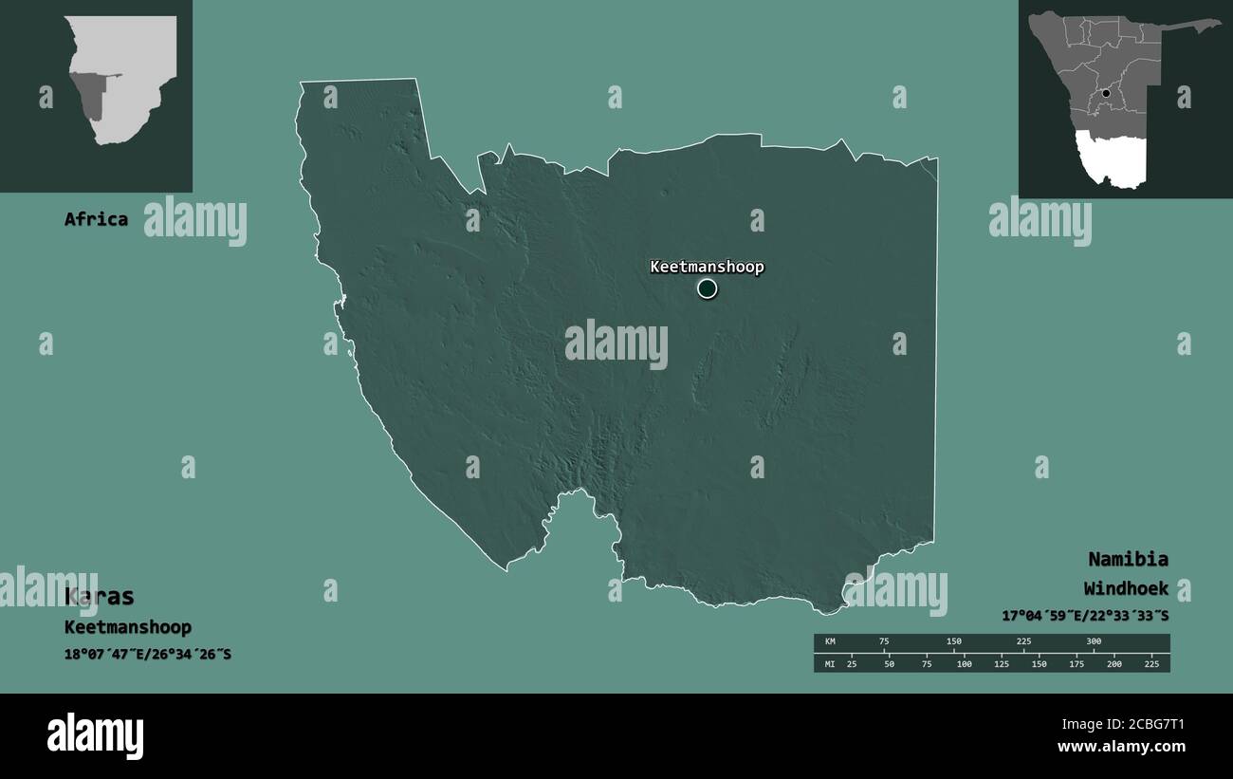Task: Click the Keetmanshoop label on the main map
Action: [707, 267]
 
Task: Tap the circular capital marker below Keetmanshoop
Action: [707, 288]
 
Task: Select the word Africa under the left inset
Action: [96, 219]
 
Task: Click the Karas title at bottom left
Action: [100, 597]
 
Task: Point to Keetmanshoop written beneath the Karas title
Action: [128, 627]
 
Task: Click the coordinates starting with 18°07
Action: [148, 655]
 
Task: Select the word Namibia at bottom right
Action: [1128, 559]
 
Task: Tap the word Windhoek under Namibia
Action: [1126, 588]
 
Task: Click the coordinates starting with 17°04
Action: [1085, 616]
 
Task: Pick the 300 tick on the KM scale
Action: [1094, 642]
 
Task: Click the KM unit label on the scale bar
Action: [830, 642]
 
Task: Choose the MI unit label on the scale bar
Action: [830, 663]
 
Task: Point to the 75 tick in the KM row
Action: [884, 642]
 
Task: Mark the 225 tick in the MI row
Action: [1152, 663]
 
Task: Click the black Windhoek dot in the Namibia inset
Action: [1106, 93]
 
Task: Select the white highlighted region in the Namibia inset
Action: [1112, 159]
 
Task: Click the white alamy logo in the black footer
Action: [95, 736]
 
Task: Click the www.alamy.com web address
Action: [1122, 747]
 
